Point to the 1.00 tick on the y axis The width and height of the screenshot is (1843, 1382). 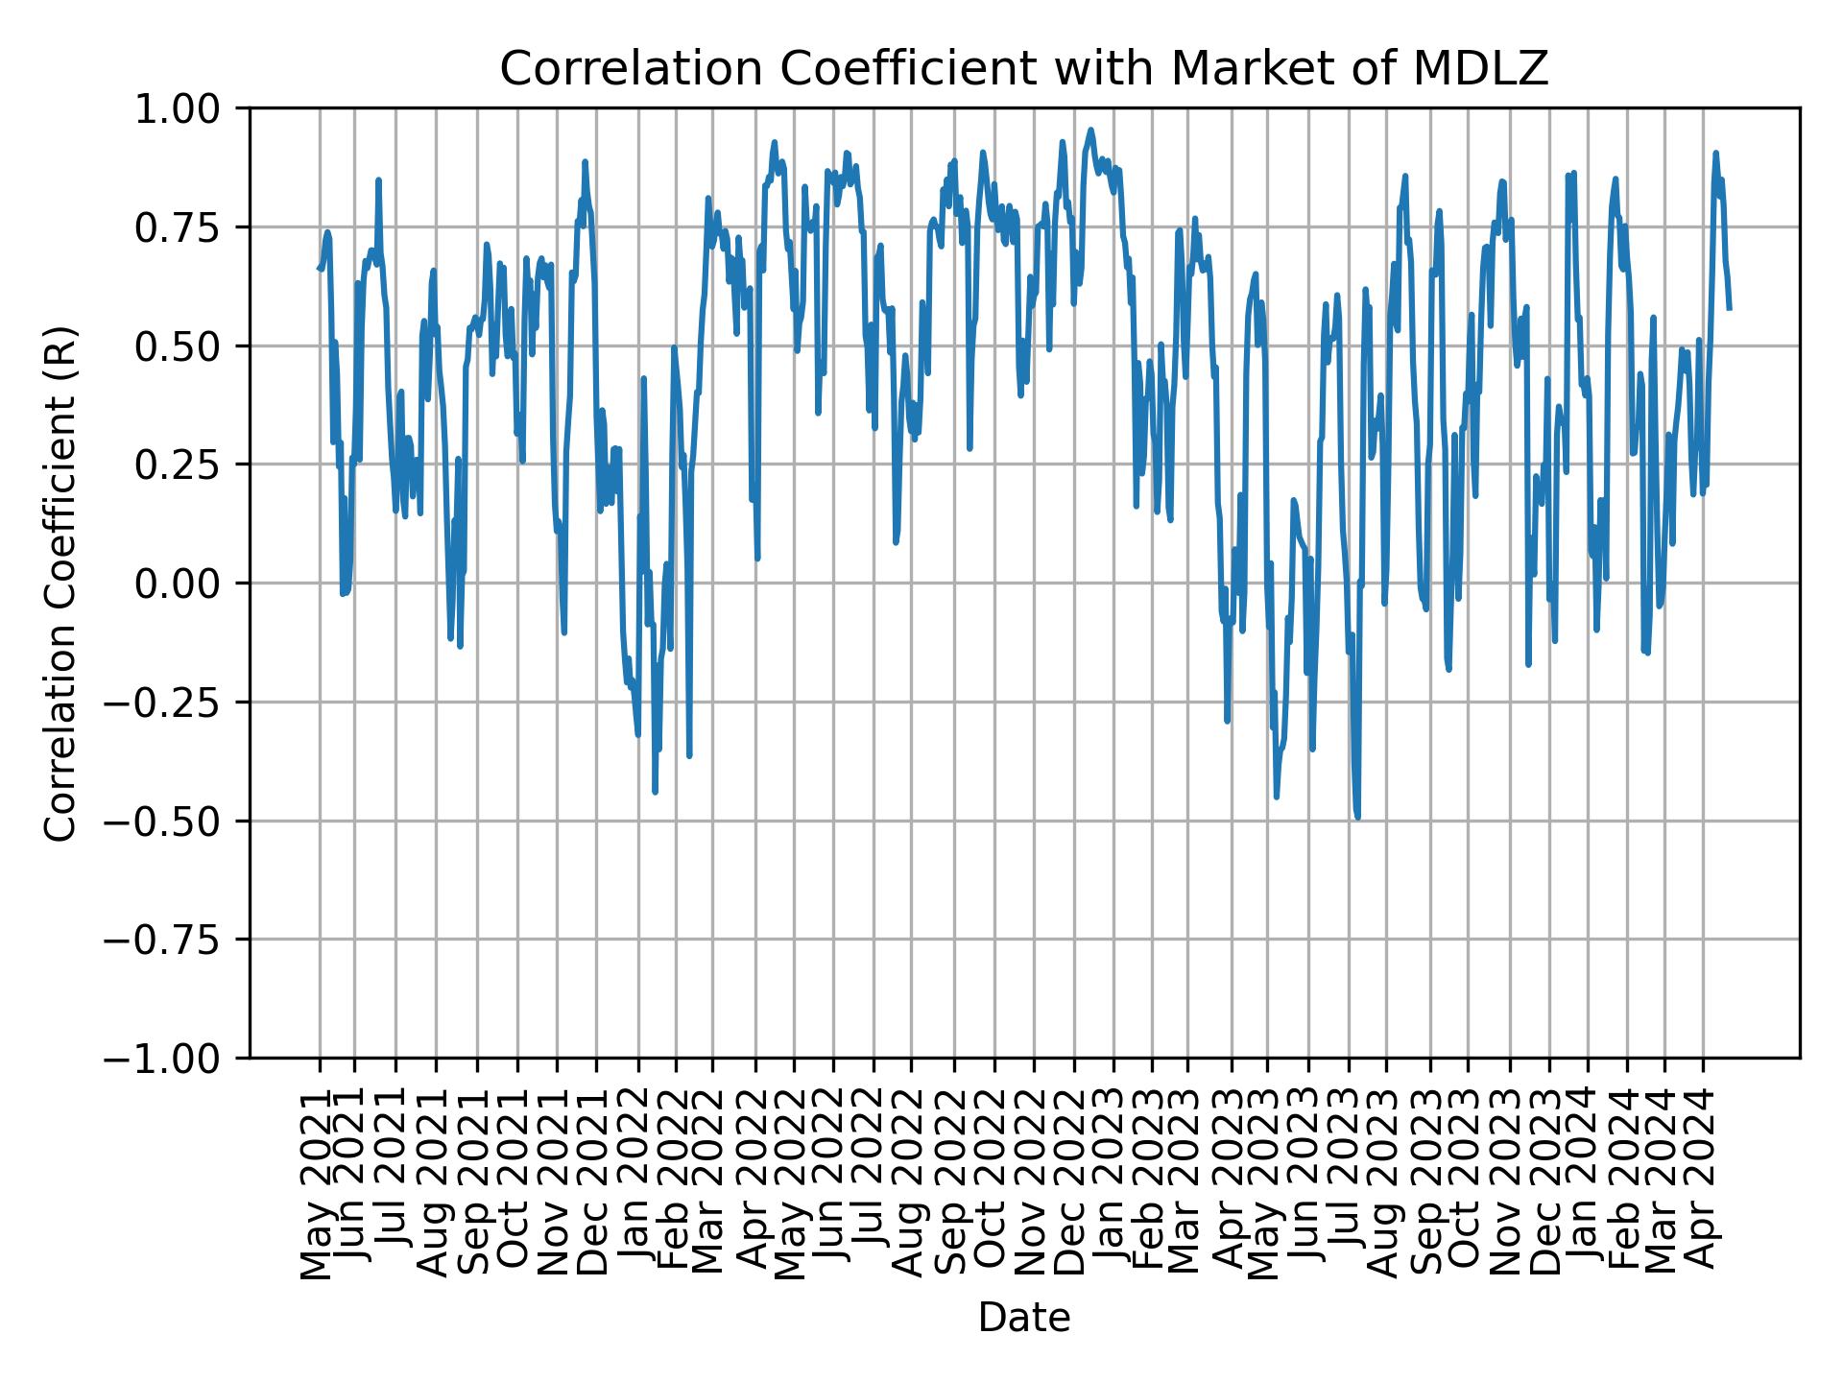point(188,108)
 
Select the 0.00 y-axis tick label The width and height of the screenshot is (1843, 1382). point(188,584)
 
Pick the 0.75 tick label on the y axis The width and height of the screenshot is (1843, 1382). point(188,227)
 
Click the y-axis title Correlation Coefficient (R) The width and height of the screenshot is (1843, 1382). point(60,584)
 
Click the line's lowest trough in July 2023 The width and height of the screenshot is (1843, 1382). point(1357,817)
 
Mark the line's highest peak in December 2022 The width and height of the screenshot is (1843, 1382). point(1090,129)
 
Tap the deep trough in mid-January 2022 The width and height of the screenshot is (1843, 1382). point(655,792)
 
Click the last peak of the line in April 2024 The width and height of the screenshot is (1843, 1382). point(1715,153)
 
